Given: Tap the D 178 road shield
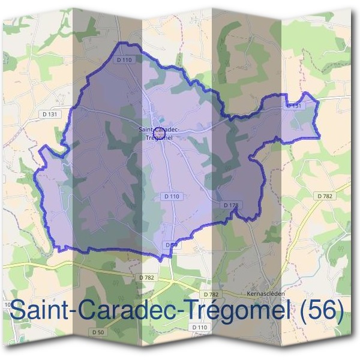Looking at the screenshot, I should pyautogui.click(x=231, y=205).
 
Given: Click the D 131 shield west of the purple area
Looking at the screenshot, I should pyautogui.click(x=52, y=114).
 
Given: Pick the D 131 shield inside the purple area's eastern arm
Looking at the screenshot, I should pyautogui.click(x=293, y=106).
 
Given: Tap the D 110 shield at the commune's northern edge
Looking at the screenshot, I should pyautogui.click(x=124, y=59).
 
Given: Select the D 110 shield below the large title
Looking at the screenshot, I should pyautogui.click(x=200, y=327).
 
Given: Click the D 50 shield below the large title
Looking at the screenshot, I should pyautogui.click(x=99, y=332).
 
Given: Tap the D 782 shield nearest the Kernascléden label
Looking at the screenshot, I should pyautogui.click(x=211, y=295).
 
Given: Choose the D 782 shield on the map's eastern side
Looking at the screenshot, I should pyautogui.click(x=324, y=196).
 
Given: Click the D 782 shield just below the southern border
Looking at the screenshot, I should pyautogui.click(x=146, y=277).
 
